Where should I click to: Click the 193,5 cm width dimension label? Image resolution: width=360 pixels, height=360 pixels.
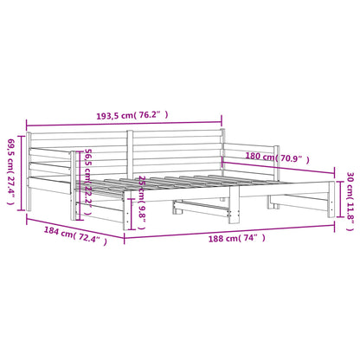(132, 115)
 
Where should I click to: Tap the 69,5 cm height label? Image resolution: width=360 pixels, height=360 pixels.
(11, 172)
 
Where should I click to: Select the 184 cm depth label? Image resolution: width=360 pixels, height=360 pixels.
(75, 235)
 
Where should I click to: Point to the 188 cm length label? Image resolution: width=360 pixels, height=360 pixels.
(236, 238)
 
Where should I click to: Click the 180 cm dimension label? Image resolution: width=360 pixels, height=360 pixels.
(277, 157)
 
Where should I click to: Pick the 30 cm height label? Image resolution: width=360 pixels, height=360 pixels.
(350, 202)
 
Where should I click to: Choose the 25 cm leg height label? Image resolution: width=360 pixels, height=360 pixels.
(142, 202)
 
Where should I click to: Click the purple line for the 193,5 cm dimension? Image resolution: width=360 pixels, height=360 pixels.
(124, 125)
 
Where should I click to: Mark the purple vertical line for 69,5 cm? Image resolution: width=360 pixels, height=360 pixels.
(21, 173)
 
